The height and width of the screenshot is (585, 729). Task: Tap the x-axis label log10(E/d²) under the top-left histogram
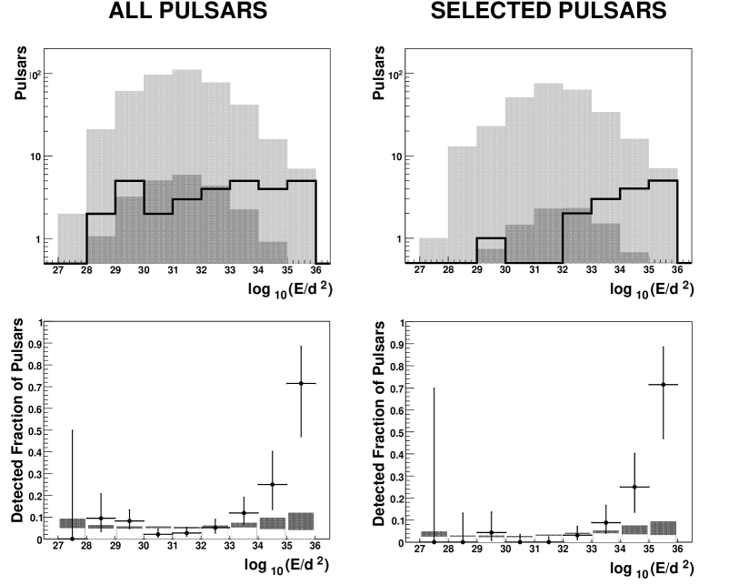tap(287, 290)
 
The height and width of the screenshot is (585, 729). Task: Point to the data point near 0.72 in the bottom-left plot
tap(300, 383)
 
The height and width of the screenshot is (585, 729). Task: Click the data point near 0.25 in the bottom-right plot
tap(634, 487)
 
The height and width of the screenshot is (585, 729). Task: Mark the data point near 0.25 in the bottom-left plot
tap(272, 484)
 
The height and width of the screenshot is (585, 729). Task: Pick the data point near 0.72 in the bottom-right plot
tap(663, 384)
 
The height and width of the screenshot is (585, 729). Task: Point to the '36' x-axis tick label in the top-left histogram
tap(315, 269)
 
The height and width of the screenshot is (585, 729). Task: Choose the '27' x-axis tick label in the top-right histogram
tap(419, 269)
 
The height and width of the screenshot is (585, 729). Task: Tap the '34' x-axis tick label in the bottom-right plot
tap(619, 550)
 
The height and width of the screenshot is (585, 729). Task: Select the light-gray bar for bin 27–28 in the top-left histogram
tap(72, 238)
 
